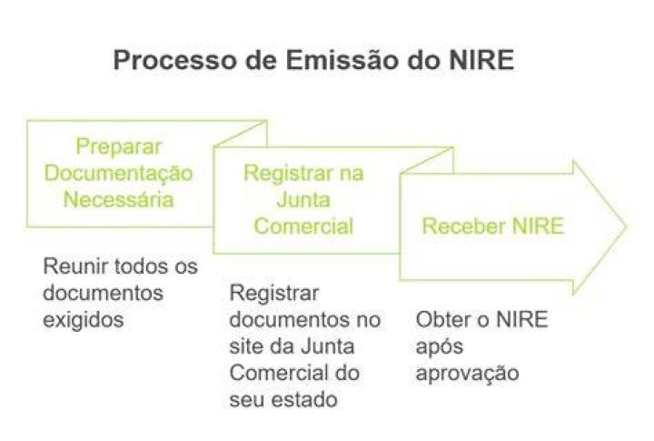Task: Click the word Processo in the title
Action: click(x=175, y=60)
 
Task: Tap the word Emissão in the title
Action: click(x=342, y=60)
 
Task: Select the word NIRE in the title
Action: click(x=481, y=60)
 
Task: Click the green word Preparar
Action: click(x=118, y=147)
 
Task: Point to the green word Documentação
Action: click(x=118, y=174)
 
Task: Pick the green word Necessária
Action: click(x=118, y=200)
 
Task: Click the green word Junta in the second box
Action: click(x=303, y=200)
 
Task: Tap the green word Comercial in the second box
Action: click(x=303, y=226)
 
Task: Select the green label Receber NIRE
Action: click(x=493, y=226)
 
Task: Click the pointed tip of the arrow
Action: click(x=627, y=226)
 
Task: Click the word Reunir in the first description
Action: click(x=75, y=266)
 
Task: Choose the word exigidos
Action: click(x=84, y=320)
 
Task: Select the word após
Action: click(x=440, y=347)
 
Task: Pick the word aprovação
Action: click(x=468, y=374)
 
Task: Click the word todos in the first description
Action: click(x=141, y=266)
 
